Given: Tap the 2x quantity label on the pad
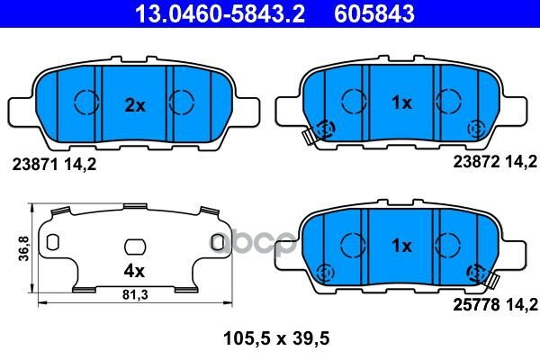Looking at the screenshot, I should pyautogui.click(x=134, y=105).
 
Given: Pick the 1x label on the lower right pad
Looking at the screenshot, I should pyautogui.click(x=401, y=245).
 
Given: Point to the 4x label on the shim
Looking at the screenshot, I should pyautogui.click(x=133, y=268).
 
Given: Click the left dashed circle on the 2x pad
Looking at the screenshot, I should pyautogui.click(x=85, y=103).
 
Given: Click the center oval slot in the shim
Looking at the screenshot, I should pyautogui.click(x=134, y=245).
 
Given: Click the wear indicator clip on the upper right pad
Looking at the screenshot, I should pyautogui.click(x=310, y=136).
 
